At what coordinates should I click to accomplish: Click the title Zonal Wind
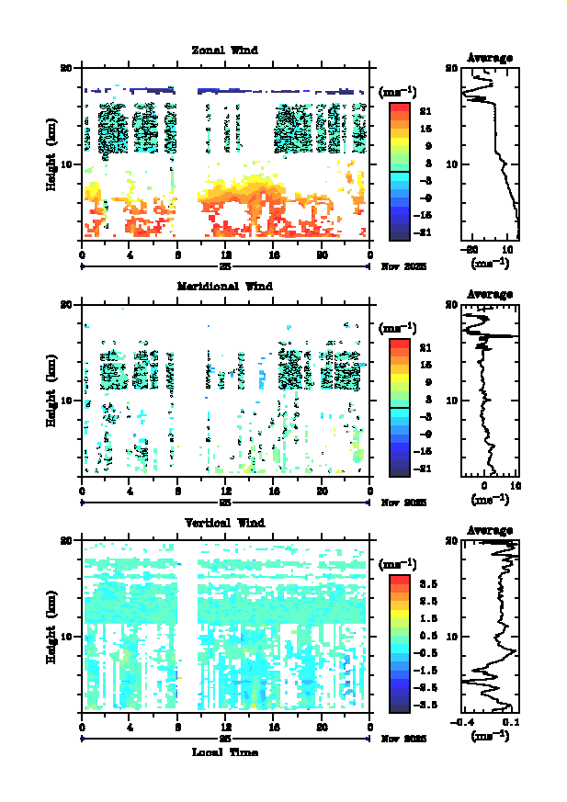tap(224, 51)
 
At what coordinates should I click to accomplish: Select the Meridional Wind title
tap(224, 287)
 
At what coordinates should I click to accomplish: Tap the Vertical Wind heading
tap(224, 523)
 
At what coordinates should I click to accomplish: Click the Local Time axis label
tap(224, 752)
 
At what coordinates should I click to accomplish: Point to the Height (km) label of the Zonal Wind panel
tap(52, 152)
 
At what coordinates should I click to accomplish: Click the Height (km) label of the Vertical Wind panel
tap(52, 626)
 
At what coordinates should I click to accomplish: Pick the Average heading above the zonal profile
tap(490, 58)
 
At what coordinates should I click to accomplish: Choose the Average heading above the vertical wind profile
tap(490, 531)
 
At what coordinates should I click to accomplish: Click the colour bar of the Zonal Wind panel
tap(399, 171)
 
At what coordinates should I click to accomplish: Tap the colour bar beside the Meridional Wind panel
tap(399, 407)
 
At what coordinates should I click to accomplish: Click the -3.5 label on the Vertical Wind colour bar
tap(427, 705)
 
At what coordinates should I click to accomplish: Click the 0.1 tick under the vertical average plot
tap(512, 723)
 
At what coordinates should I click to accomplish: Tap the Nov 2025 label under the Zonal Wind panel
tap(398, 266)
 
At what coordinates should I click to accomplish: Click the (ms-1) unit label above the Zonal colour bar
tap(398, 92)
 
